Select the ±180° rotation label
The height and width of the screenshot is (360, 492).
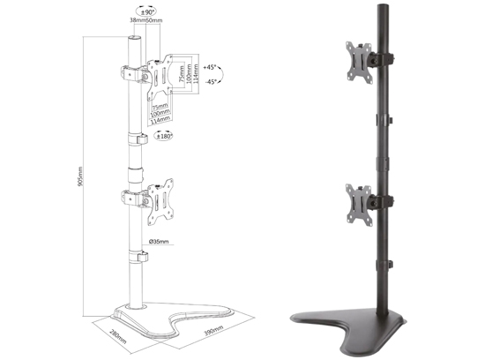(165, 136)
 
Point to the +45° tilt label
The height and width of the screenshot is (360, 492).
(209, 67)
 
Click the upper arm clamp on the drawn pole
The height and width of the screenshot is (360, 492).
(132, 74)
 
